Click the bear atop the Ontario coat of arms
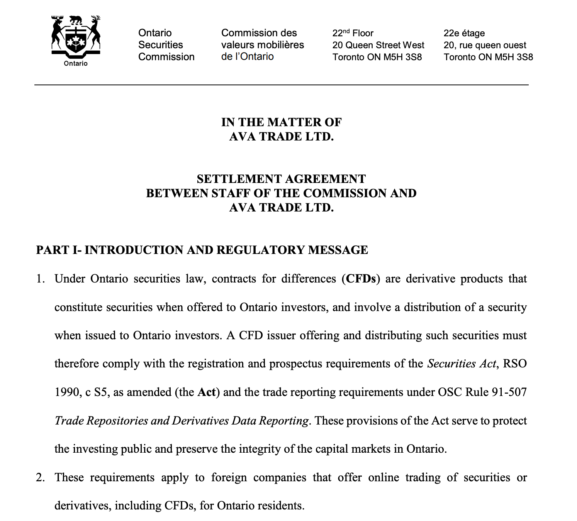(x=76, y=19)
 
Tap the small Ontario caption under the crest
(x=76, y=64)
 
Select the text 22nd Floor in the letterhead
(x=353, y=33)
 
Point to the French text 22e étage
(x=464, y=33)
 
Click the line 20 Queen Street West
(x=378, y=45)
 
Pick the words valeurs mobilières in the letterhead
(x=262, y=45)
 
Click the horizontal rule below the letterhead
(x=281, y=85)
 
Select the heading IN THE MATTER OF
(x=281, y=122)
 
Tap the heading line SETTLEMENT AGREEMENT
(x=281, y=179)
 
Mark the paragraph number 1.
(x=41, y=279)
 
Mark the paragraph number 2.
(x=41, y=478)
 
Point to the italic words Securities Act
(x=461, y=364)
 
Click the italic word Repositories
(x=117, y=421)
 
